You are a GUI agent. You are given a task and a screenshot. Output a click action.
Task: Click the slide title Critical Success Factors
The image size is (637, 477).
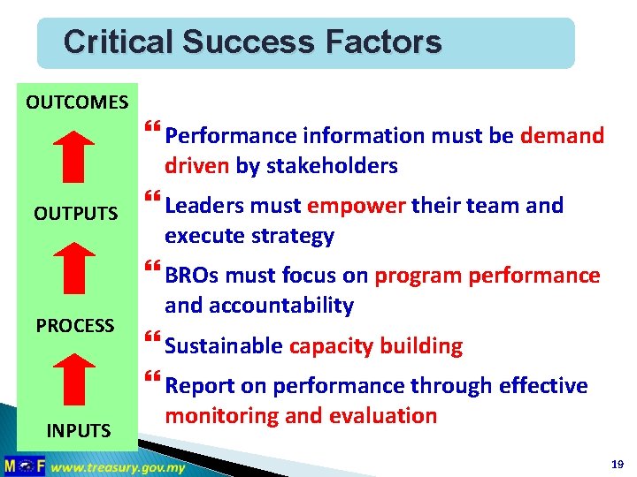tap(252, 42)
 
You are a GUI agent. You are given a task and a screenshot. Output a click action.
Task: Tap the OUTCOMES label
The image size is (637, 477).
tap(77, 102)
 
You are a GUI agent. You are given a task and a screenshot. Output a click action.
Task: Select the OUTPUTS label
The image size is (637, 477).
tap(75, 214)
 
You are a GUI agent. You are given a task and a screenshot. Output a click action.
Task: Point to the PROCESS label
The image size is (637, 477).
tap(75, 325)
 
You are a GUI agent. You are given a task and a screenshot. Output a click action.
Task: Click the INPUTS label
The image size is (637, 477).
tap(79, 431)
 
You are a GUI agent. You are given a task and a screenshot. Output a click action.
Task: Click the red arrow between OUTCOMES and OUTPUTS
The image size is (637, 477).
tap(80, 156)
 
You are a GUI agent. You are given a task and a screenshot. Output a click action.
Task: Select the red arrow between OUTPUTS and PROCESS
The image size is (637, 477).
tap(80, 268)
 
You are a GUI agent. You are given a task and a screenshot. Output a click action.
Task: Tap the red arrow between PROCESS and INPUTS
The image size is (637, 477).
tap(80, 378)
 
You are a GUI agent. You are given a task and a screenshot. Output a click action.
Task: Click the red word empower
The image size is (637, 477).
tap(356, 206)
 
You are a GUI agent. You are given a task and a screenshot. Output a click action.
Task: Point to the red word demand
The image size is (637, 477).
tap(562, 136)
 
